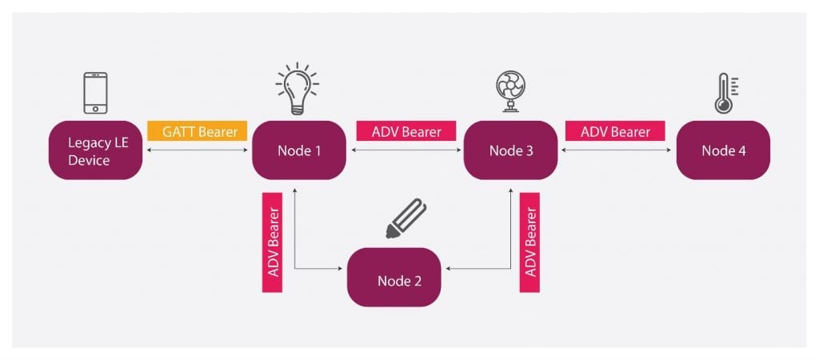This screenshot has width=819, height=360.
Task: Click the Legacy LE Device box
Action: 95,150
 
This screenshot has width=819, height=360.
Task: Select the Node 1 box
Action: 299,150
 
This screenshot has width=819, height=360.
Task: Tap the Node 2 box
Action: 394,278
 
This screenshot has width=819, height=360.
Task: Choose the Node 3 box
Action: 511,150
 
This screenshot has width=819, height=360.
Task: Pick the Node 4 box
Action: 723,150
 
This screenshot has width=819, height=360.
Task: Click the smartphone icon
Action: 95,93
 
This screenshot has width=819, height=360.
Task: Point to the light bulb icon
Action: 297,88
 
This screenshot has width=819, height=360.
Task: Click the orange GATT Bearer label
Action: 198,130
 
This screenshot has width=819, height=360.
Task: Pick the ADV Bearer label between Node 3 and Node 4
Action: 615,130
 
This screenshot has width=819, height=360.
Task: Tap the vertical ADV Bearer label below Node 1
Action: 273,241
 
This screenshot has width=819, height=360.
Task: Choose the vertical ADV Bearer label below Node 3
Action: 529,241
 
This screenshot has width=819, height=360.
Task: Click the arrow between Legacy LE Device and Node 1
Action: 198,150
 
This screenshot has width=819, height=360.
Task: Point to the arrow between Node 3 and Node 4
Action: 617,150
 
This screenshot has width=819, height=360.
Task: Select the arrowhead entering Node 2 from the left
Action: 342,270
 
